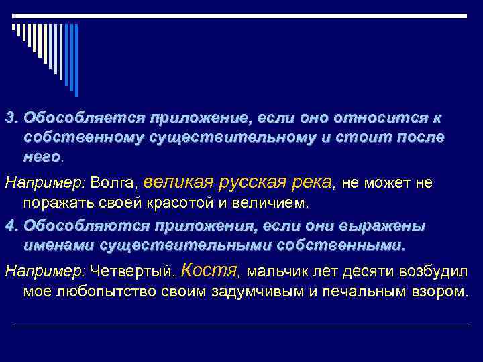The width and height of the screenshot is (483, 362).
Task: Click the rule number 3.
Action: pos(10,118)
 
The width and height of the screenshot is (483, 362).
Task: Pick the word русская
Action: pos(249,181)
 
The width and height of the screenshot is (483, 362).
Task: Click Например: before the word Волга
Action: pos(45,182)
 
